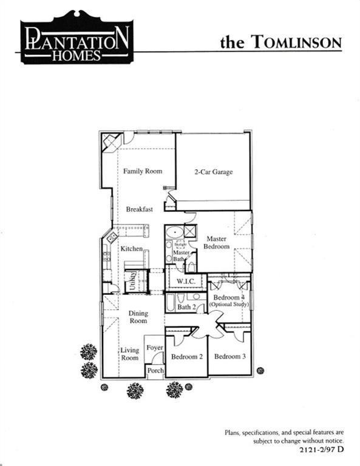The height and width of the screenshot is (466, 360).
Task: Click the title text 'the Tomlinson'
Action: tap(280, 42)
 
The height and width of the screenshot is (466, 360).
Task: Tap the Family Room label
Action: tap(143, 171)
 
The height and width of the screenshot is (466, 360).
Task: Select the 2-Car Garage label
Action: tap(213, 172)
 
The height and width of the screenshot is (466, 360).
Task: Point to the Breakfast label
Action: tap(139, 209)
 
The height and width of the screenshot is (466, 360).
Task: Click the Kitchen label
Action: tap(131, 249)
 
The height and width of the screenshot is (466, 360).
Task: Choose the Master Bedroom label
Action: tap(217, 243)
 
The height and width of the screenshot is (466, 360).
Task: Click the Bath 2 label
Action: tap(186, 307)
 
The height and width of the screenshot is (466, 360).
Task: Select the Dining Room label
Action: tap(138, 317)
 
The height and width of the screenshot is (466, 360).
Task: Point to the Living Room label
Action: tap(129, 354)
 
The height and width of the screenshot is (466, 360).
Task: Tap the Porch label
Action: tap(155, 370)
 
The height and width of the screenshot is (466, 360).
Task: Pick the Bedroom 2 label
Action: tap(186, 357)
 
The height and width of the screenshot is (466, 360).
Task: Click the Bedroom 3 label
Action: tap(229, 357)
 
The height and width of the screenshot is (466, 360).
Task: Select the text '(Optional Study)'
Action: tap(229, 303)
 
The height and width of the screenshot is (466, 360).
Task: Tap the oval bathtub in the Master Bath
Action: tap(174, 232)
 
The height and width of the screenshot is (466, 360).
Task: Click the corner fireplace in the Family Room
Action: tap(110, 144)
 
